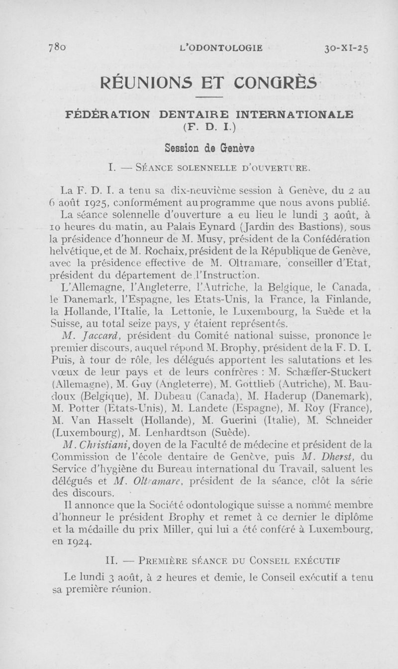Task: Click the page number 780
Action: [x=57, y=48]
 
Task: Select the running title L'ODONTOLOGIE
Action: [x=219, y=48]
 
